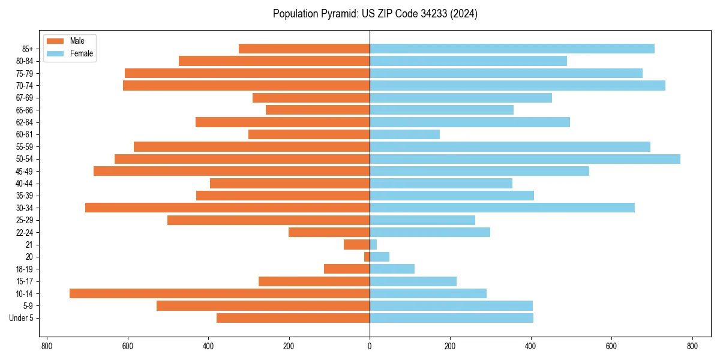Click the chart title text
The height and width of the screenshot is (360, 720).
(x=375, y=14)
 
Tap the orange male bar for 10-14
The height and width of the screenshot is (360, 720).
(x=220, y=293)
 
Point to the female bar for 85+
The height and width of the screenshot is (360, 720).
(x=512, y=49)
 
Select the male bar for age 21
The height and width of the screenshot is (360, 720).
(x=356, y=245)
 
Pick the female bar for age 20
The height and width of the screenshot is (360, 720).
(x=379, y=257)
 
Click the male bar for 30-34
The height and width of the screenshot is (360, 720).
(x=227, y=208)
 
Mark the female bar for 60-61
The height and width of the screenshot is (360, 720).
(x=404, y=134)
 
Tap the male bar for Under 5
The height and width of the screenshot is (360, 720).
(x=293, y=318)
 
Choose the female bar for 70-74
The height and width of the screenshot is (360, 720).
(x=517, y=85)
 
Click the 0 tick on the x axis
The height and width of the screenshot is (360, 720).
(x=370, y=346)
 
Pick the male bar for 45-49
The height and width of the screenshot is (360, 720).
(x=232, y=171)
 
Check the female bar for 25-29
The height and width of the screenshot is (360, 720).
(x=422, y=220)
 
